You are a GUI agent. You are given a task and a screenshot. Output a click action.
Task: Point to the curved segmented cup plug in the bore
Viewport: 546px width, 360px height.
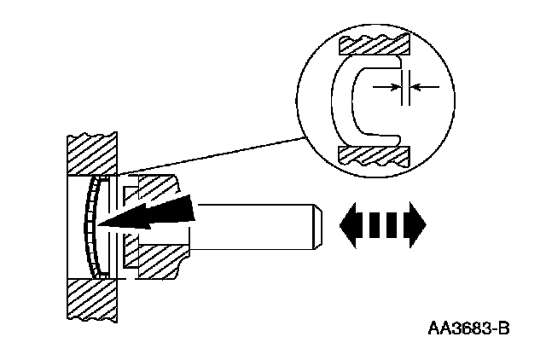point(90,226)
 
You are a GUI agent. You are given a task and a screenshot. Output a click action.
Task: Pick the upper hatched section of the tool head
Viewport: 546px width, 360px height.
point(154,189)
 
